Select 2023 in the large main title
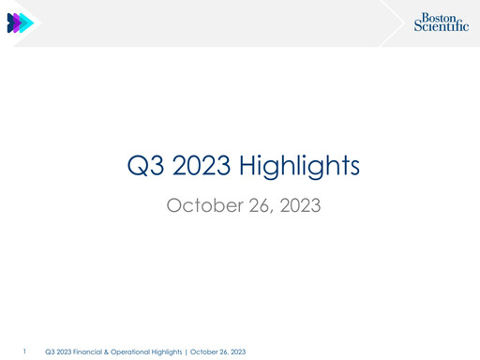[201, 167]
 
